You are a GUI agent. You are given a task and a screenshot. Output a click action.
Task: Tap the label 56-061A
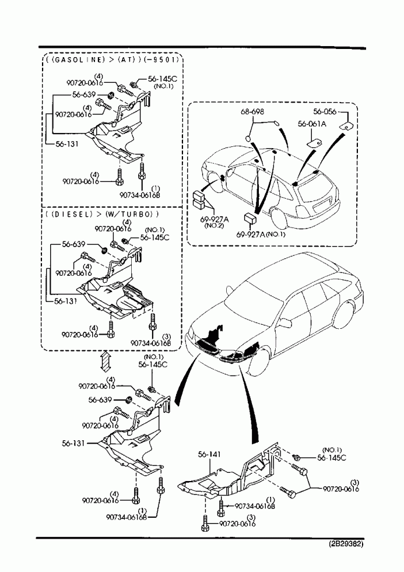312,124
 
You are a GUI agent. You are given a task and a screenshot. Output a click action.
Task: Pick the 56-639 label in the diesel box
74,246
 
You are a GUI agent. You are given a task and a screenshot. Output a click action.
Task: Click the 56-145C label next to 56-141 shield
332,458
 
